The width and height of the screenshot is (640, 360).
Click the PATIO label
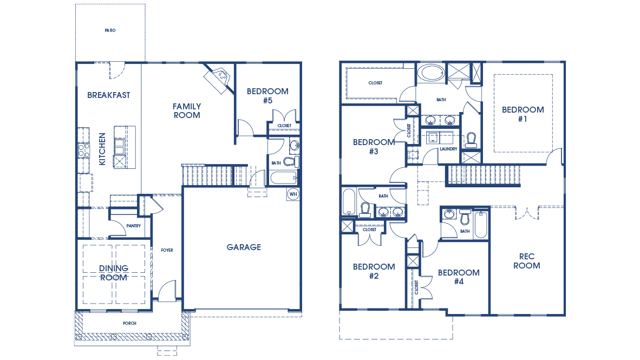pos(110,30)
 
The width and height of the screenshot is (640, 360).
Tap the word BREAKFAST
pos(109,95)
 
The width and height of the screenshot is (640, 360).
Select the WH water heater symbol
pos(293,194)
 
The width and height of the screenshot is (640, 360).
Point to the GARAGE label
pos(244,247)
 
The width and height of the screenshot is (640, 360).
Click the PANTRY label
pos(133,226)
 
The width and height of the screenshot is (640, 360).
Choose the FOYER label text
pos(167,250)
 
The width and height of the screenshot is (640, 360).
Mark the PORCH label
pos(129,323)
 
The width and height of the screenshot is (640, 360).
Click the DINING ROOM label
pos(114,273)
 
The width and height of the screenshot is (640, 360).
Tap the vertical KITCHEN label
pos(102,149)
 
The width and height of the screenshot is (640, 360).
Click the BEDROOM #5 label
pos(267,96)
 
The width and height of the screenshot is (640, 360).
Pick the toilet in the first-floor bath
pos(291,161)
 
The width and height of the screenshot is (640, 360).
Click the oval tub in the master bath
pos(432,73)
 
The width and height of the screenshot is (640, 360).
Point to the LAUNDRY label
pos(448,149)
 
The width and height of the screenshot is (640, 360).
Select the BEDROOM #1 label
pos(523,114)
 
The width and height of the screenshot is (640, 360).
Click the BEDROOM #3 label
pos(374,147)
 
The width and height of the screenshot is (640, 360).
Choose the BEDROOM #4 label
pos(459,277)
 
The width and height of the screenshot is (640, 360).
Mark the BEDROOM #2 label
pos(374,271)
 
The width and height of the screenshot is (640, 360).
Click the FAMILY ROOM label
pos(187,110)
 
